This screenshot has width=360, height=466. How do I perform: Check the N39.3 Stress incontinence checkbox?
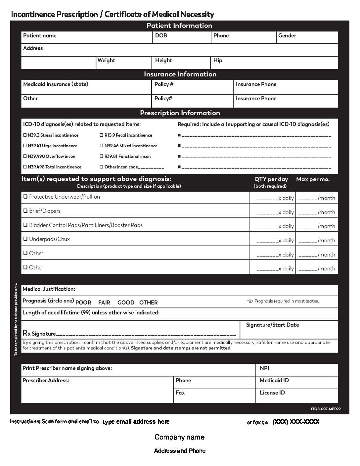[25, 135]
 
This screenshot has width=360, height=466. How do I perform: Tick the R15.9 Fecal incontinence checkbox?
[102, 135]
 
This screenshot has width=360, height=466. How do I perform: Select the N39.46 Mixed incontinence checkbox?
[102, 146]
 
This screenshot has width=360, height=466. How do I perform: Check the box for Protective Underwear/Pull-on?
[25, 197]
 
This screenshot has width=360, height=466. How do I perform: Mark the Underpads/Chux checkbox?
[25, 239]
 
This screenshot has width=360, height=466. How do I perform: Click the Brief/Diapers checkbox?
[25, 211]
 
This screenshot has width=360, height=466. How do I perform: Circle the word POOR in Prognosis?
[83, 303]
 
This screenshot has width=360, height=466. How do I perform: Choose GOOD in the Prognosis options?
[126, 303]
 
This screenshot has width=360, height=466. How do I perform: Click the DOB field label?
[161, 36]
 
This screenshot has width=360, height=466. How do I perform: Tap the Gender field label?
[287, 36]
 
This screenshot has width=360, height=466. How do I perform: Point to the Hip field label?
[218, 61]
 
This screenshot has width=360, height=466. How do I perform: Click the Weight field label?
[106, 61]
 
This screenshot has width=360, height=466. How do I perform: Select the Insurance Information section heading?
[180, 74]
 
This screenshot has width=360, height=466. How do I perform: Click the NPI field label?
[264, 368]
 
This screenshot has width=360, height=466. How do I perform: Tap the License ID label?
[272, 393]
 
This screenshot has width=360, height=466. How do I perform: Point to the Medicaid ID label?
[274, 381]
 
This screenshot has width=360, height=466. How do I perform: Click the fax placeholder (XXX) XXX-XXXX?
[296, 422]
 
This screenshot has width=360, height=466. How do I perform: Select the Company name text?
[179, 437]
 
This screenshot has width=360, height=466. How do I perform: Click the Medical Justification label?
[49, 289]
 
